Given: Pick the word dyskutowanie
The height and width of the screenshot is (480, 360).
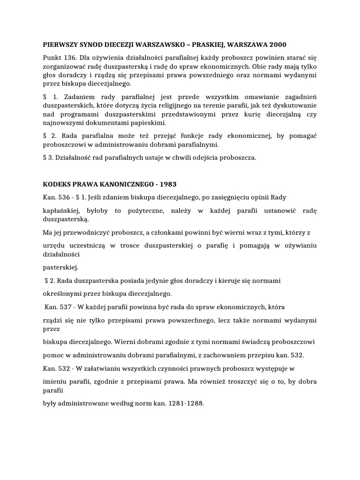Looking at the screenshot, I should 296,105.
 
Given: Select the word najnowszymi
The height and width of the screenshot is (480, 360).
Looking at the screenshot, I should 63,123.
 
